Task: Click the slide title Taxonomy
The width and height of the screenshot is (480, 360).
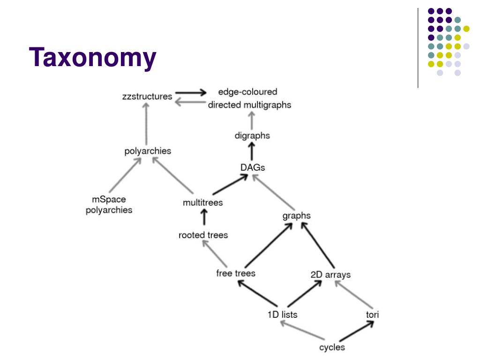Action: tap(92, 58)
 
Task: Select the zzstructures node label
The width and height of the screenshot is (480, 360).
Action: tap(147, 97)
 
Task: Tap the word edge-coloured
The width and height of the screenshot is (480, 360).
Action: tap(247, 92)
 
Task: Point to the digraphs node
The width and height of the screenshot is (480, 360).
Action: tap(252, 135)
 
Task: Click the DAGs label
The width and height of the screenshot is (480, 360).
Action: tap(253, 167)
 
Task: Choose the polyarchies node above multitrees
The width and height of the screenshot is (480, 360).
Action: tap(148, 151)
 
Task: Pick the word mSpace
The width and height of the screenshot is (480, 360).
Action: tap(109, 199)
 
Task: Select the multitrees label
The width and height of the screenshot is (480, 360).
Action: tap(202, 202)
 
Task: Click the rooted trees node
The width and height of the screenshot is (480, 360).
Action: tap(203, 235)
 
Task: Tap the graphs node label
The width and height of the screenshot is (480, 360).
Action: tap(296, 216)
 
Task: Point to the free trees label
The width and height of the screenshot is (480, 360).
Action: tap(236, 273)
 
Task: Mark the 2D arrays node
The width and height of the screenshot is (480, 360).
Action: tap(330, 274)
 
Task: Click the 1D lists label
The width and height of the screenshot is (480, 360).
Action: tap(282, 315)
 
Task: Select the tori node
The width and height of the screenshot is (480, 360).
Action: tap(372, 315)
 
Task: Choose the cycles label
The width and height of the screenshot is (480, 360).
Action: tap(332, 347)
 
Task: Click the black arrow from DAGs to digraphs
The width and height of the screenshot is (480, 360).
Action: tap(252, 151)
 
